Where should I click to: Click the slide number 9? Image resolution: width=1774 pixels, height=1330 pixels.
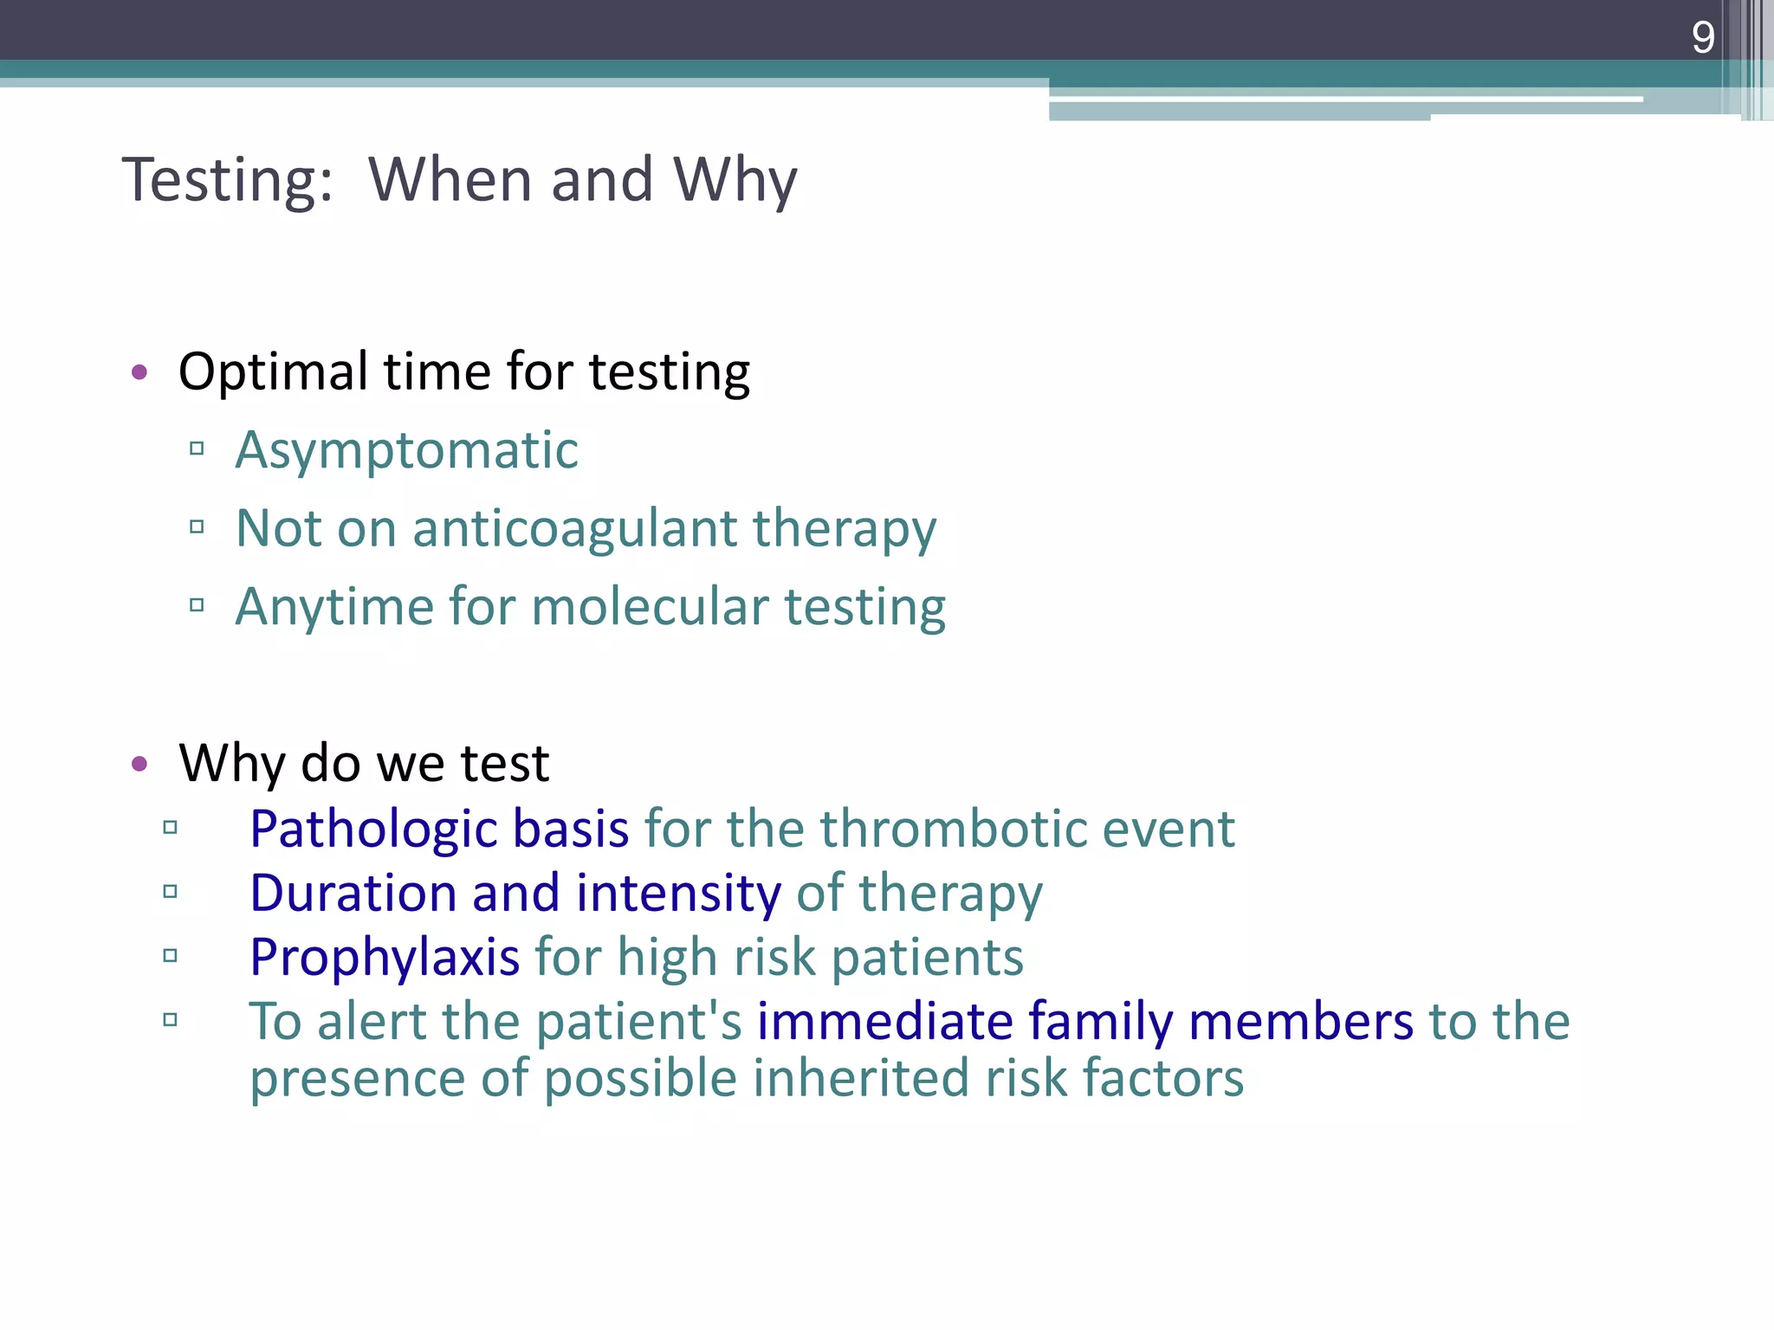(x=1702, y=37)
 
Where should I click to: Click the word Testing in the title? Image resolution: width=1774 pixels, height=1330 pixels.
(x=227, y=180)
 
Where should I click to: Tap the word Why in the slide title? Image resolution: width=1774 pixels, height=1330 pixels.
(x=735, y=180)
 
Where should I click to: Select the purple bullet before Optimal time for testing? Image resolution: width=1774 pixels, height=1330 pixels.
(x=139, y=373)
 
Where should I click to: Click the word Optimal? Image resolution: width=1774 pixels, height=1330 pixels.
(x=273, y=372)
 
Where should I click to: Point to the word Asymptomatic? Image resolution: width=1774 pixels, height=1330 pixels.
(x=406, y=451)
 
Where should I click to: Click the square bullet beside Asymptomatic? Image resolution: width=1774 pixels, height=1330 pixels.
(x=197, y=449)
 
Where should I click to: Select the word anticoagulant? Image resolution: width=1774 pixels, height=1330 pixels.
(x=574, y=528)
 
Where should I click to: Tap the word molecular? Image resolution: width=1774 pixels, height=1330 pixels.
(x=650, y=606)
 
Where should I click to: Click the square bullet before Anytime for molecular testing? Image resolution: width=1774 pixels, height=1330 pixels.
(x=197, y=604)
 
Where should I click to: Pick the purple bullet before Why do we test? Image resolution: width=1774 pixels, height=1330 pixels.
(x=139, y=764)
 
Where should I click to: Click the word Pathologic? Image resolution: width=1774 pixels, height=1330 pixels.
(x=372, y=830)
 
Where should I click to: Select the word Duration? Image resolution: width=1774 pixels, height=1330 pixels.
(x=353, y=893)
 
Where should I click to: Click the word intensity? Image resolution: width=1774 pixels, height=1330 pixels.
(x=678, y=894)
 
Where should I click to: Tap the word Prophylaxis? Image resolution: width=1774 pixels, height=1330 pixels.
(x=384, y=958)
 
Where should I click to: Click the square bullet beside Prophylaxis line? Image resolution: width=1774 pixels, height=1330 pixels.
(x=170, y=956)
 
